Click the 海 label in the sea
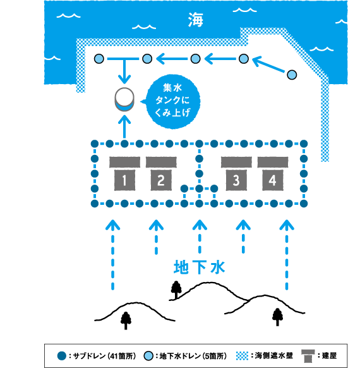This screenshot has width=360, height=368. [x=195, y=20]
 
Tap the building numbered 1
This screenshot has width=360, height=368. [x=124, y=174]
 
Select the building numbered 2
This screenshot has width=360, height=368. [x=161, y=174]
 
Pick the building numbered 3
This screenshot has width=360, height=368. [x=236, y=174]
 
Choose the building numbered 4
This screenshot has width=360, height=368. [x=273, y=174]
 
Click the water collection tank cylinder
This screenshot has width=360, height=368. [x=124, y=99]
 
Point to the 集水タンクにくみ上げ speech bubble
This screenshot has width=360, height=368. [x=172, y=101]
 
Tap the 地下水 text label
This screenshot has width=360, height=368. [x=200, y=267]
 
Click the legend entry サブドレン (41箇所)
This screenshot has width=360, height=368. [x=97, y=356]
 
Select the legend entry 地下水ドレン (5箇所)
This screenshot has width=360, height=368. [x=185, y=356]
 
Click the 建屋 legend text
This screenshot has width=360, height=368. [x=329, y=355]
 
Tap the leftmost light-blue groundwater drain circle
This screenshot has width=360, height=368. [x=99, y=59]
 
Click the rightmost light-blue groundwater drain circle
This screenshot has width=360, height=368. [x=292, y=75]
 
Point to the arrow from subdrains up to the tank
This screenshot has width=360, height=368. [x=124, y=128]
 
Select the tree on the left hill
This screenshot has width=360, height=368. [x=126, y=321]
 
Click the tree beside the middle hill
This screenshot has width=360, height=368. [x=176, y=290]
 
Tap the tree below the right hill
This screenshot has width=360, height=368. [x=277, y=317]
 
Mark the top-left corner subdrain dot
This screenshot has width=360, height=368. [x=95, y=144]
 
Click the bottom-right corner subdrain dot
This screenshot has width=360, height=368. [x=304, y=204]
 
